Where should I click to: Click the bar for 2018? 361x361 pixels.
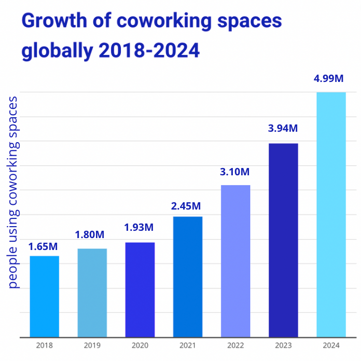pyautogui.click(x=44, y=296)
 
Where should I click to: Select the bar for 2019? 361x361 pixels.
pyautogui.click(x=92, y=293)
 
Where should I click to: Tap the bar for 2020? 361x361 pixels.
pyautogui.click(x=140, y=289)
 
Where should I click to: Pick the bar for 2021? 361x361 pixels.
pyautogui.click(x=188, y=276)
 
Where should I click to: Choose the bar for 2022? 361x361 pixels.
pyautogui.click(x=235, y=261)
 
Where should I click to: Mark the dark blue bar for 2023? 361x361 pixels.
pyautogui.click(x=283, y=240)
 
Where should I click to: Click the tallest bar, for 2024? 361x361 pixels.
pyautogui.click(x=331, y=215)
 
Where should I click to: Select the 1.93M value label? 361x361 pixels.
pyautogui.click(x=138, y=227)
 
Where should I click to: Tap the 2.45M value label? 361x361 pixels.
pyautogui.click(x=186, y=206)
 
